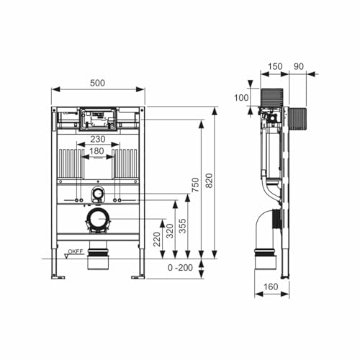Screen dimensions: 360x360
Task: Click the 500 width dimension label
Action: coord(98,83)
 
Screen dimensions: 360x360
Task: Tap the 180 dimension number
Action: coord(99,153)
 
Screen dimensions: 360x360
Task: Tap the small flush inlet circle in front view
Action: coord(98,194)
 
